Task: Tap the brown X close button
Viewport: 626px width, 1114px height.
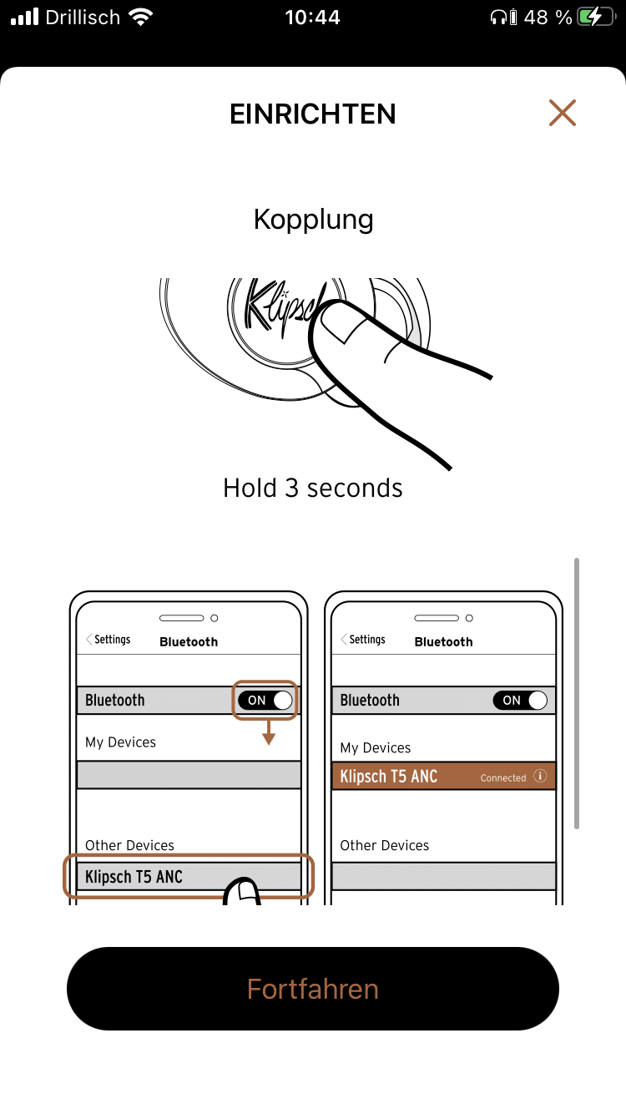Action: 563,113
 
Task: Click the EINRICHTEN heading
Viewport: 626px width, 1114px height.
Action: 313,114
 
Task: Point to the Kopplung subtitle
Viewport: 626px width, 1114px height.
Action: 313,220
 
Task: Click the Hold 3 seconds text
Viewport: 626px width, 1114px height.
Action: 313,488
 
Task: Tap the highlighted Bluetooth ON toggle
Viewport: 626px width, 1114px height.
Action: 265,701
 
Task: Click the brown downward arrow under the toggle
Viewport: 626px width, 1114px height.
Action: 269,732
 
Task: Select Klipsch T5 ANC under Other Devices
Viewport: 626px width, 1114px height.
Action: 134,876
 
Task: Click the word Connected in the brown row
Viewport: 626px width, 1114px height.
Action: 503,777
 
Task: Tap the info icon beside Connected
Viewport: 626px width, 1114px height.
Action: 540,776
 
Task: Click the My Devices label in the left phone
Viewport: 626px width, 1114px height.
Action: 120,742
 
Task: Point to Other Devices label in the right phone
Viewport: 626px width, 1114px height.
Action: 384,845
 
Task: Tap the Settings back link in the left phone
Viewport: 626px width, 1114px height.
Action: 109,640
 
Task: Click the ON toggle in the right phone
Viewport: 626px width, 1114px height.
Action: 520,701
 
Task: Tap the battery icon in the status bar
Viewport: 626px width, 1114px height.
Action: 596,18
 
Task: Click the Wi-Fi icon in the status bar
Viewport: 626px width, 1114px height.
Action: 141,18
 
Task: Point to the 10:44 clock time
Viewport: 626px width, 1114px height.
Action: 313,18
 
